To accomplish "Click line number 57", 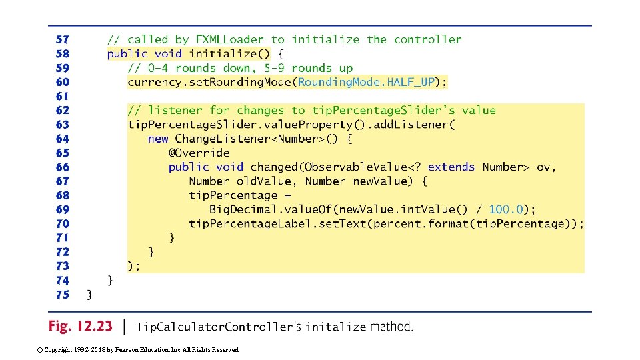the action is click(63, 40).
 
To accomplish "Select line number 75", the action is click(63, 295).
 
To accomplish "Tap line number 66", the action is click(63, 167).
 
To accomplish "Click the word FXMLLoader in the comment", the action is click(230, 40).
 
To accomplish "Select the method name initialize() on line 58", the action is click(229, 54).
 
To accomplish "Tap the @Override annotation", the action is click(199, 153).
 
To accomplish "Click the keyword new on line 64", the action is click(158, 139).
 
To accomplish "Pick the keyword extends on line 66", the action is click(451, 167).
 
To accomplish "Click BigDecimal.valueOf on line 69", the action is click(262, 209).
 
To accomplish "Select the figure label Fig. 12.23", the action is click(80, 327).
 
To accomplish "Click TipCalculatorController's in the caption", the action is click(218, 327).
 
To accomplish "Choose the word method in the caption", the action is click(391, 327).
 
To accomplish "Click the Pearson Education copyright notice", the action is click(139, 349).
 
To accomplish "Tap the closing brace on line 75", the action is click(90, 295).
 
